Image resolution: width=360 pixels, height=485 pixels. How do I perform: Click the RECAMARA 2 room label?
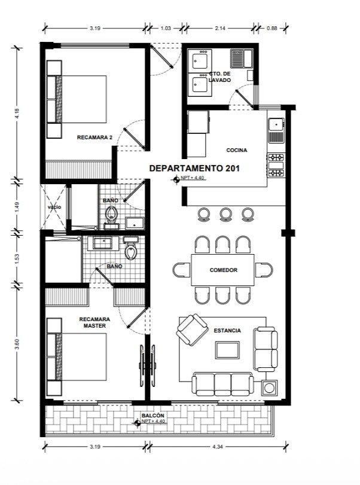pos(94,138)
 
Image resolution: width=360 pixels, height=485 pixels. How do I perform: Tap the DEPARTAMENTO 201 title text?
pos(194,168)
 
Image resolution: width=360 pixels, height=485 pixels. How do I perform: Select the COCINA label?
pos(237,150)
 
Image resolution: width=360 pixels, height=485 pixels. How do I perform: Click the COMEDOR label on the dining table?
pos(223,270)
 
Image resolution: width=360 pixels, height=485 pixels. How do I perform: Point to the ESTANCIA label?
pos(227,331)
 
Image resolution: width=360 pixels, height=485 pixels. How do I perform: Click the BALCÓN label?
pos(152,416)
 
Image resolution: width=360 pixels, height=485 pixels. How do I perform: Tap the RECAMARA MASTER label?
pos(94,322)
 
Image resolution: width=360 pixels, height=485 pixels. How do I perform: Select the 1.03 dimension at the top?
pos(166,28)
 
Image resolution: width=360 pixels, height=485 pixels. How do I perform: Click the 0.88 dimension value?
pos(272,28)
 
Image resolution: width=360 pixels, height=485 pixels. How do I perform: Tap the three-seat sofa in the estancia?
pos(222,384)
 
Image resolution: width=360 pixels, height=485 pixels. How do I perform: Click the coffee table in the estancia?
pos(228,350)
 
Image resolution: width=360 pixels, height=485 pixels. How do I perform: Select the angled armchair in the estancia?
pos(192,330)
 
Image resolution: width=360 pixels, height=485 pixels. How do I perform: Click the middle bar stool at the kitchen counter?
pos(226,214)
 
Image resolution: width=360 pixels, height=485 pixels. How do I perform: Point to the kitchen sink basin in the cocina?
pos(276,124)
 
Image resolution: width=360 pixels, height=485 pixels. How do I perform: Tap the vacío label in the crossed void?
pos(54,207)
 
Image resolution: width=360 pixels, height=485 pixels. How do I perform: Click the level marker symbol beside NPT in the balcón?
pos(138,423)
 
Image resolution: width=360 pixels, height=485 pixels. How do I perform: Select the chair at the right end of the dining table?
pos(264,269)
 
